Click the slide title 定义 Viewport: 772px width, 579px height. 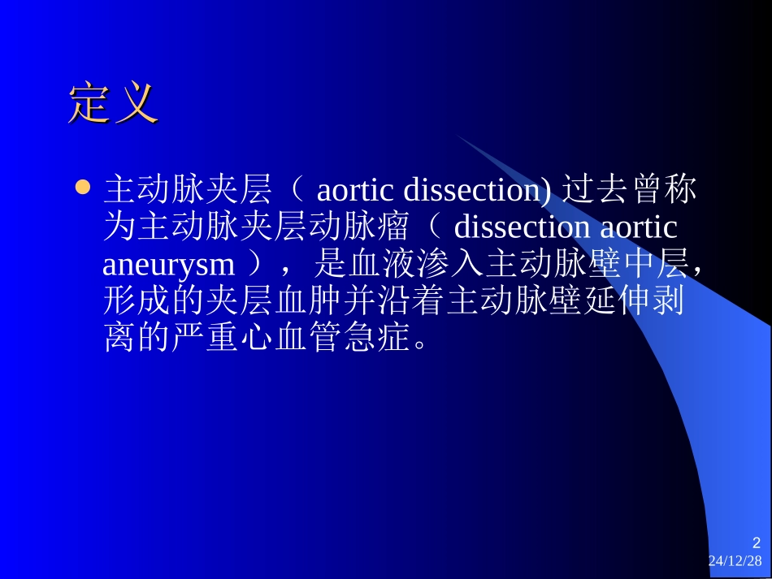112,103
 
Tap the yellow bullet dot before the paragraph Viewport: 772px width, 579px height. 80,188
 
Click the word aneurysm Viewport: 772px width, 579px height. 169,264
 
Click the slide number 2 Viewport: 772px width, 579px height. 757,543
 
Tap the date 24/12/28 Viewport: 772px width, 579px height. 735,561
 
